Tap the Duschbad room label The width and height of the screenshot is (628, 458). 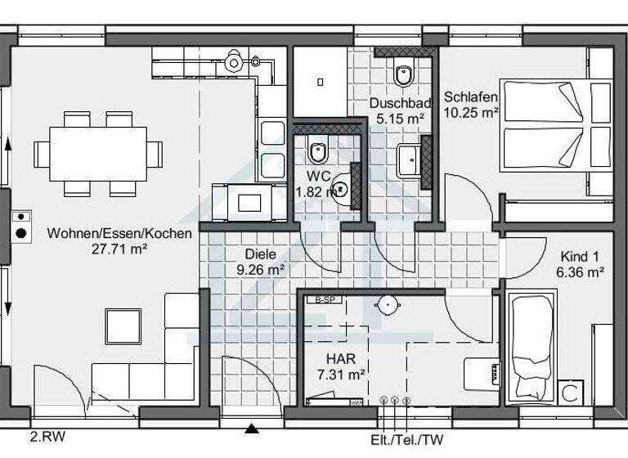pyautogui.click(x=400, y=104)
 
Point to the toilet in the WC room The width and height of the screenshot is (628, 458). pyautogui.click(x=318, y=151)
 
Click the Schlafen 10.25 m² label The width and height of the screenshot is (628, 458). pyautogui.click(x=472, y=104)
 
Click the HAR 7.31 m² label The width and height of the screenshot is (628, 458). pyautogui.click(x=340, y=366)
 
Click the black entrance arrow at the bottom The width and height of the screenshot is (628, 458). pyautogui.click(x=252, y=427)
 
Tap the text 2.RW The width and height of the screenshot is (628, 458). pyautogui.click(x=47, y=436)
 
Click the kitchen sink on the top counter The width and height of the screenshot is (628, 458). pyautogui.click(x=236, y=61)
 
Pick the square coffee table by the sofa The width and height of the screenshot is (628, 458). pyautogui.click(x=123, y=326)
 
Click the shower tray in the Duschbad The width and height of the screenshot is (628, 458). pyautogui.click(x=320, y=81)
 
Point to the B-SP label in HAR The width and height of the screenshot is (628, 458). pyautogui.click(x=324, y=300)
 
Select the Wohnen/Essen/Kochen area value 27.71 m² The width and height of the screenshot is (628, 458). pyautogui.click(x=119, y=249)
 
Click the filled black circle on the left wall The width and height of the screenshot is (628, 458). pyautogui.click(x=20, y=234)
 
